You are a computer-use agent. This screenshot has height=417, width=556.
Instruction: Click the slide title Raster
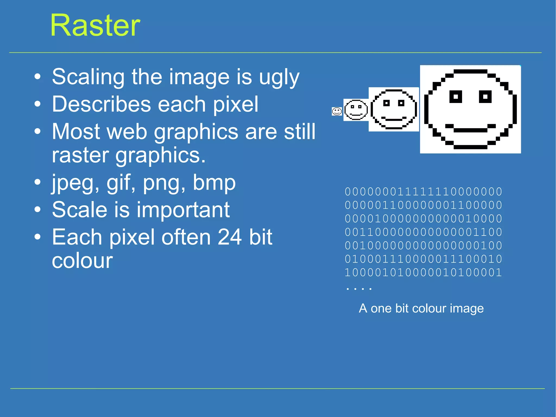[95, 26]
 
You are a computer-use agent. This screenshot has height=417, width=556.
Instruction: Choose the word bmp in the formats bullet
[214, 183]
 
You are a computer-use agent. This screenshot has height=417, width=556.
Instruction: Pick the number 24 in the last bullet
[230, 237]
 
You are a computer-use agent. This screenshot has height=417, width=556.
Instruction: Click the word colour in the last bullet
[82, 261]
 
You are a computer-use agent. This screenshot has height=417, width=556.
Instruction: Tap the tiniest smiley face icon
[337, 111]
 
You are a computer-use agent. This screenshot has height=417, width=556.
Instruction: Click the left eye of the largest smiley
[456, 97]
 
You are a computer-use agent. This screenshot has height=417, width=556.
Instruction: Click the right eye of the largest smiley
[485, 97]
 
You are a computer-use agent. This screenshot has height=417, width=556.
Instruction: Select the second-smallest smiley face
[356, 110]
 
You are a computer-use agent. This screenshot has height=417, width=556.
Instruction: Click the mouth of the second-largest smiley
[394, 119]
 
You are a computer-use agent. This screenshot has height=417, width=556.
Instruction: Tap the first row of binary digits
[423, 192]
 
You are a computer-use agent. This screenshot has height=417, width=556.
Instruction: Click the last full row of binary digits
[423, 272]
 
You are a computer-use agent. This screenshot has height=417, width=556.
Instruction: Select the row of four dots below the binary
[359, 288]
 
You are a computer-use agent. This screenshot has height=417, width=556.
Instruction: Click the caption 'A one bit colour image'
[421, 309]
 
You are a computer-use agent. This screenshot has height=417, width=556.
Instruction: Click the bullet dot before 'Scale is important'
[37, 210]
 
